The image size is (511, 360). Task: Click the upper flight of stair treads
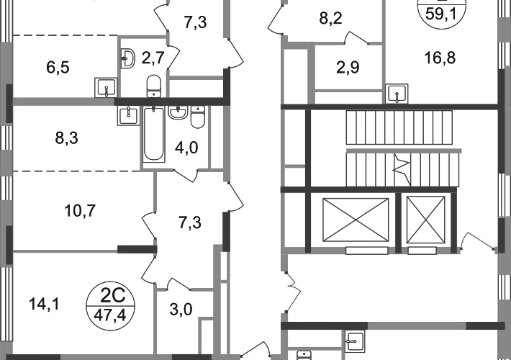coord(401,129)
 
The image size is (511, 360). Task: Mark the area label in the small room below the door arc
coord(348,68)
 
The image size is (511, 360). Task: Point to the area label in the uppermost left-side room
coord(58,68)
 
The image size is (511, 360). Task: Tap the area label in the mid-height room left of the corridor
coord(189,222)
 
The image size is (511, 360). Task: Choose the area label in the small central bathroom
coord(187,149)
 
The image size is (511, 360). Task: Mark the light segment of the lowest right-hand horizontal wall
coord(417,326)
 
